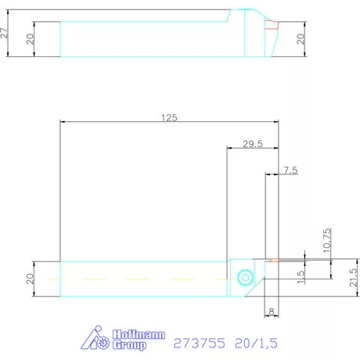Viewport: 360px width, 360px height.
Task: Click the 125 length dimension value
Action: tap(169, 117)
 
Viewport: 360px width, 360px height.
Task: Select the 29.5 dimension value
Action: tap(253, 144)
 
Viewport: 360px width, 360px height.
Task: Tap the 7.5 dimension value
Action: tap(290, 171)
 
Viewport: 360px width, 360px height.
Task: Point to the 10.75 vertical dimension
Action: tap(327, 240)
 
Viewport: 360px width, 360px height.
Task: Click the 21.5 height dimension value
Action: tap(353, 277)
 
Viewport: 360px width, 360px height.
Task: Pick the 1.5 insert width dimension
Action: tap(301, 276)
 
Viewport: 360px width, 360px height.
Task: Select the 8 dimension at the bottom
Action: tap(272, 311)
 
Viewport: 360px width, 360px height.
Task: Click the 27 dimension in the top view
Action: tap(5, 33)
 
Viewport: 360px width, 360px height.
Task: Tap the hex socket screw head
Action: tap(246, 277)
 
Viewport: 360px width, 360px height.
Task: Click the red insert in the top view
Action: tap(272, 25)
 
